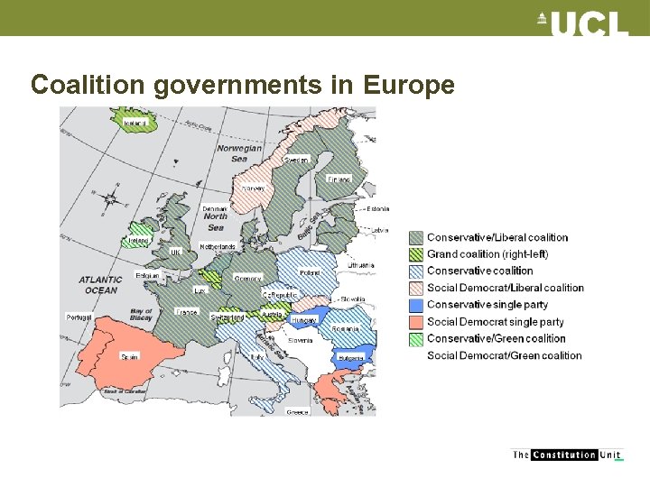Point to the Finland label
point(339,179)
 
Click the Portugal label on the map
point(79,317)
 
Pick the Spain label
point(129,357)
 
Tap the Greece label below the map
point(297,411)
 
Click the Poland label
point(310,271)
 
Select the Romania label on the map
point(344,329)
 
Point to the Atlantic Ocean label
point(98,284)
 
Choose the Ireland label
point(138,241)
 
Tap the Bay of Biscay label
point(142,314)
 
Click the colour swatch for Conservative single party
point(416,305)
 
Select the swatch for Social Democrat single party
point(416,322)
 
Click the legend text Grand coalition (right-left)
point(487,254)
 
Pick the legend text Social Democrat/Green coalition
point(505,355)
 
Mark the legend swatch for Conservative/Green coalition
point(416,339)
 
